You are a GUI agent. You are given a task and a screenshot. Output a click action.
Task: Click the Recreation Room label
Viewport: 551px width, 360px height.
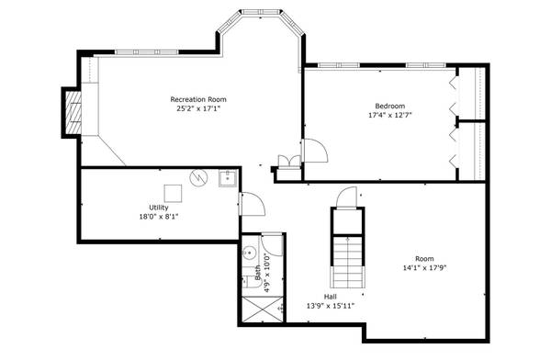tap(198, 99)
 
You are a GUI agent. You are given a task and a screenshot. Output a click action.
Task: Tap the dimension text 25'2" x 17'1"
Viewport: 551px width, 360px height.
tap(198, 108)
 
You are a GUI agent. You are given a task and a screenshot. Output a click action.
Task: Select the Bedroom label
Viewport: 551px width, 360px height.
tap(389, 106)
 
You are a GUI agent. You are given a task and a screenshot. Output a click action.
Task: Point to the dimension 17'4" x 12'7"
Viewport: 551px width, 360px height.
tap(389, 116)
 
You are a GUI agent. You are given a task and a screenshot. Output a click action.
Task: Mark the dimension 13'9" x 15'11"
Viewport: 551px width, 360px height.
tap(330, 305)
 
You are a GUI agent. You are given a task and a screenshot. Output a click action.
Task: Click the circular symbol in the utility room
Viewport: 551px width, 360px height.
tap(199, 177)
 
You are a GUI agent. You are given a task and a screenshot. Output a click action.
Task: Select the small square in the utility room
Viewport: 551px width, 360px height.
tap(172, 193)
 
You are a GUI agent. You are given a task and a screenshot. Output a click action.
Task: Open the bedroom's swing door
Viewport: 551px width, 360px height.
tap(313, 150)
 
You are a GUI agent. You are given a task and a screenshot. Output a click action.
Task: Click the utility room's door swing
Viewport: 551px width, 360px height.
tap(252, 204)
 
